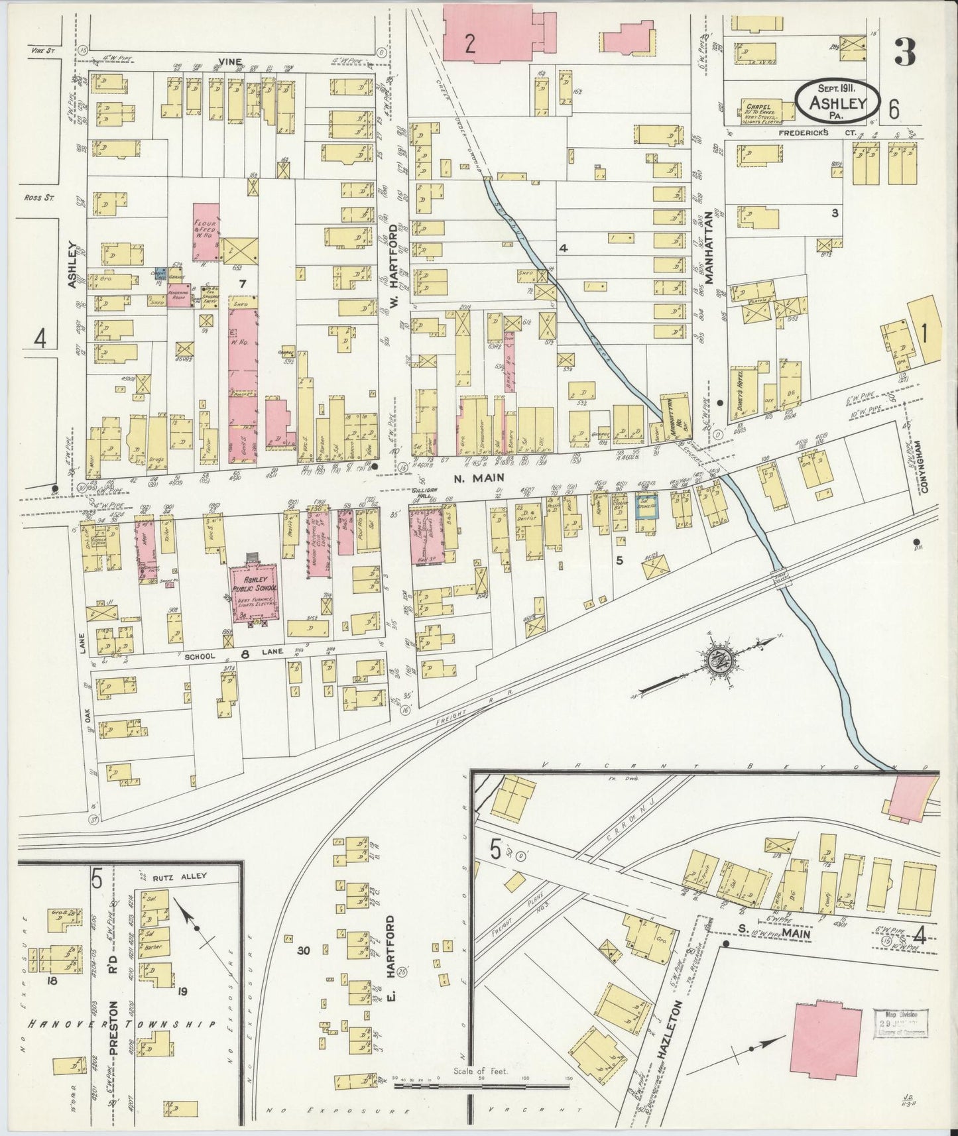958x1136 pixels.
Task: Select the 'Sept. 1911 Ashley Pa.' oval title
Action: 838,102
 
